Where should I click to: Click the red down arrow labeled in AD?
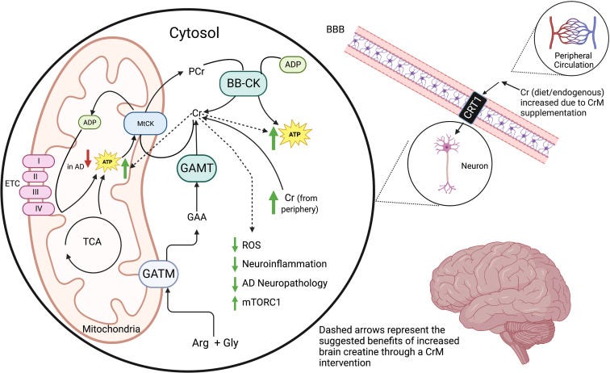pos(88,156)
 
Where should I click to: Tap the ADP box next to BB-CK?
pos(291,63)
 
